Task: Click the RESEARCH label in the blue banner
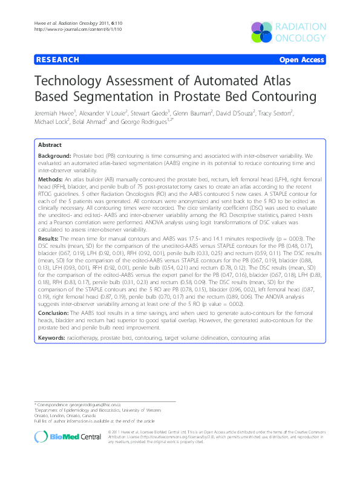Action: tap(57, 60)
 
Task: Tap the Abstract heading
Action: tap(50, 146)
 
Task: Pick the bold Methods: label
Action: tap(50, 180)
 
